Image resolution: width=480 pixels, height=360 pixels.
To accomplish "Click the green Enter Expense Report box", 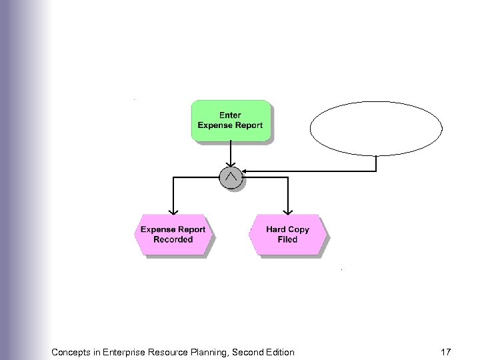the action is click(231, 120).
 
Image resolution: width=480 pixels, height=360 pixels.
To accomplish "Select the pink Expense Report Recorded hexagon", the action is click(173, 235).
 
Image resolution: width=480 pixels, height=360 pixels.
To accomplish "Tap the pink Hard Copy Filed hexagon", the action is click(288, 235).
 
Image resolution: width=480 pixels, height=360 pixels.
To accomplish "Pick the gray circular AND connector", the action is click(231, 177).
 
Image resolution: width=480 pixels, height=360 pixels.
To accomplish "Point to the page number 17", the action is click(447, 351).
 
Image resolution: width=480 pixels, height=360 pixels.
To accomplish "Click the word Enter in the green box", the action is click(231, 115).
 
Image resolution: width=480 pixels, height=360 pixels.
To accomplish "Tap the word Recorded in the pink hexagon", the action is click(173, 240).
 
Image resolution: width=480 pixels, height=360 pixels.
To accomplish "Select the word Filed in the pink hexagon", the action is click(288, 240).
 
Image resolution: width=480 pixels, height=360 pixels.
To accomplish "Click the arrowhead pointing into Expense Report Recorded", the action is click(173, 211).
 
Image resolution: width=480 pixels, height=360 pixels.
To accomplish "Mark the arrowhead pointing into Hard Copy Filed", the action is click(288, 211).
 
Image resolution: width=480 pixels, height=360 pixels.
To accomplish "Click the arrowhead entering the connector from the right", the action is click(244, 172).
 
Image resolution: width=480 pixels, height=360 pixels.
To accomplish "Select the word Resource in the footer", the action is click(181, 351).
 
